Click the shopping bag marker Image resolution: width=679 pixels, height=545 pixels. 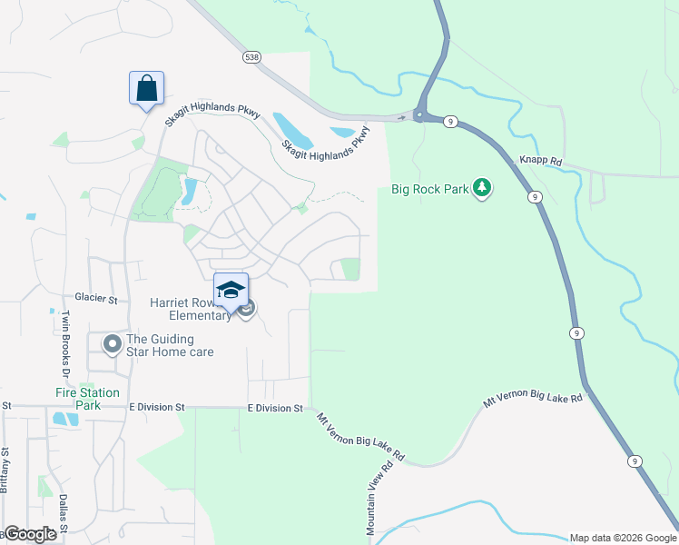point(146,89)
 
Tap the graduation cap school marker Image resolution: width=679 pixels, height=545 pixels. point(231,290)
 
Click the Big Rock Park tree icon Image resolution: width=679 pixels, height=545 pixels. point(484,188)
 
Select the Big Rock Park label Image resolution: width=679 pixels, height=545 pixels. point(428,190)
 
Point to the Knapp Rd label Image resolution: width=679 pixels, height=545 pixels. point(541,161)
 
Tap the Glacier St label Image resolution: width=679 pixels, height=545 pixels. point(97,299)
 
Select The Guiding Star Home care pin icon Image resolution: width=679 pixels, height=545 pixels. point(113,343)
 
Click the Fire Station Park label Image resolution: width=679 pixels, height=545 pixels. point(86,399)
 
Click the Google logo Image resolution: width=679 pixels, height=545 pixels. point(29,534)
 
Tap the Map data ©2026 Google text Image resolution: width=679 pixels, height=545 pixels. point(623,538)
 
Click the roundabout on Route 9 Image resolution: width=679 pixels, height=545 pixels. point(419,114)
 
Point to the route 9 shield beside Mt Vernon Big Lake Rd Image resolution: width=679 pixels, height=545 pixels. point(635,461)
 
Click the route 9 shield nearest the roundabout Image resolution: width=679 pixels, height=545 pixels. point(449,122)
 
